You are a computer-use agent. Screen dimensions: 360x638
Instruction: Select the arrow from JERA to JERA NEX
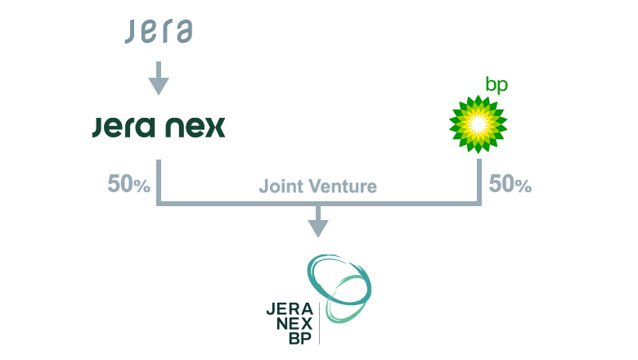click(159, 81)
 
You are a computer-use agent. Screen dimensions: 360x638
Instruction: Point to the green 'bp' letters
click(496, 85)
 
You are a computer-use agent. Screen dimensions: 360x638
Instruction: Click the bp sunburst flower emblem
click(478, 124)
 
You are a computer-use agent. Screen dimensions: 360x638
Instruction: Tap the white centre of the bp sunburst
click(478, 124)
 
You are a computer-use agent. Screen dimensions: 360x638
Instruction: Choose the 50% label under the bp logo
click(510, 185)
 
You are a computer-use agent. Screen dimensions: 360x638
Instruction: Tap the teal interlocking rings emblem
click(339, 286)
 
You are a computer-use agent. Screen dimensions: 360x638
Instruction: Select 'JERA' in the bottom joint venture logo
click(290, 309)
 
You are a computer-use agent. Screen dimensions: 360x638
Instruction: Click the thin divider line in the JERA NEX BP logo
click(319, 323)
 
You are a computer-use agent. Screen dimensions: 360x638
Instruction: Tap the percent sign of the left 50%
click(142, 187)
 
